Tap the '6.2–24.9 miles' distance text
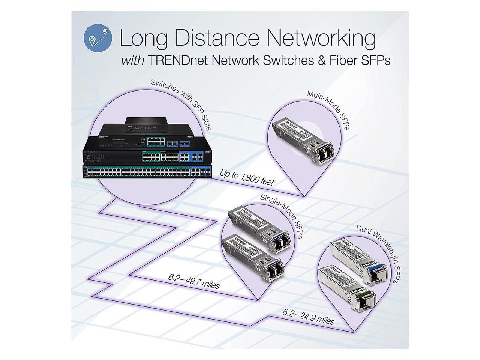tap(309, 316)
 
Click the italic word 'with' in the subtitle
tap(132, 61)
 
